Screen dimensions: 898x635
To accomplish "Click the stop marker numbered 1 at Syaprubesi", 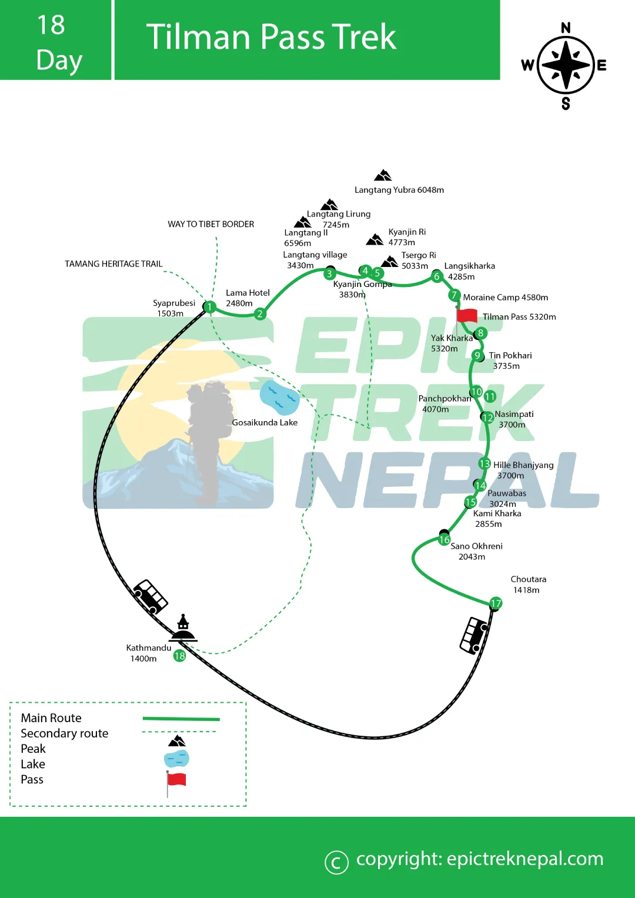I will [209, 306].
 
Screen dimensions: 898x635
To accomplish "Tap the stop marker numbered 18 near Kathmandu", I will [179, 656].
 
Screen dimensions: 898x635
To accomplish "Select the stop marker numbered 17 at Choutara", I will [496, 603].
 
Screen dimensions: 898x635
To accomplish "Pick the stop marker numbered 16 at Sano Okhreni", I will [444, 539].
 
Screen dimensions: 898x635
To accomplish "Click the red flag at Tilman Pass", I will [467, 315].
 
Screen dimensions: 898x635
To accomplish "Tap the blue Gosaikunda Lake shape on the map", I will [280, 398].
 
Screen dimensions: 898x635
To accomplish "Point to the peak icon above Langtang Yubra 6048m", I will [383, 175].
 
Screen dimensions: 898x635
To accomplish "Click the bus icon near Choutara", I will [473, 635].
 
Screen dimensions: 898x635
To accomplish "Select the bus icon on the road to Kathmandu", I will [151, 596].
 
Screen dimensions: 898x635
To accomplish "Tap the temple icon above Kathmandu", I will [183, 629].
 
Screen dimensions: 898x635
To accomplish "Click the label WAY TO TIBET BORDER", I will [210, 224].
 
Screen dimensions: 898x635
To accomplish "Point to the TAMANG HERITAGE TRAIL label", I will [113, 264].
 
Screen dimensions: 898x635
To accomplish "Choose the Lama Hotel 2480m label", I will [247, 298].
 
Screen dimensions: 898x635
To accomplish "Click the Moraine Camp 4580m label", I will [505, 298].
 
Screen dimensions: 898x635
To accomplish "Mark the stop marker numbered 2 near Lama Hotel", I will [260, 314].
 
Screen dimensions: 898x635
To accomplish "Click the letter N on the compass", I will [566, 28].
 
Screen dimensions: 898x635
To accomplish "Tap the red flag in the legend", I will [176, 780].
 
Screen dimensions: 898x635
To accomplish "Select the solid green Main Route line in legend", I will [181, 719].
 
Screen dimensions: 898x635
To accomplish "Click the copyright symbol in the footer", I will [336, 862].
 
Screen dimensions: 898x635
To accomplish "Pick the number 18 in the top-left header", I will [51, 25].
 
